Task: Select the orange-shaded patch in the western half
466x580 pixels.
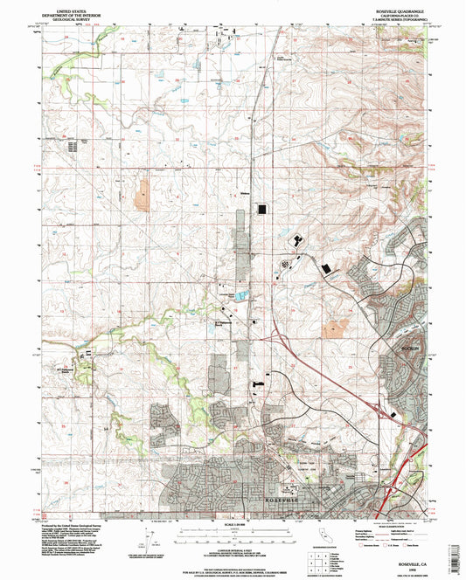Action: click(142, 197)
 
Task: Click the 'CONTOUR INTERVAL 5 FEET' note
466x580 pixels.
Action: click(233, 544)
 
